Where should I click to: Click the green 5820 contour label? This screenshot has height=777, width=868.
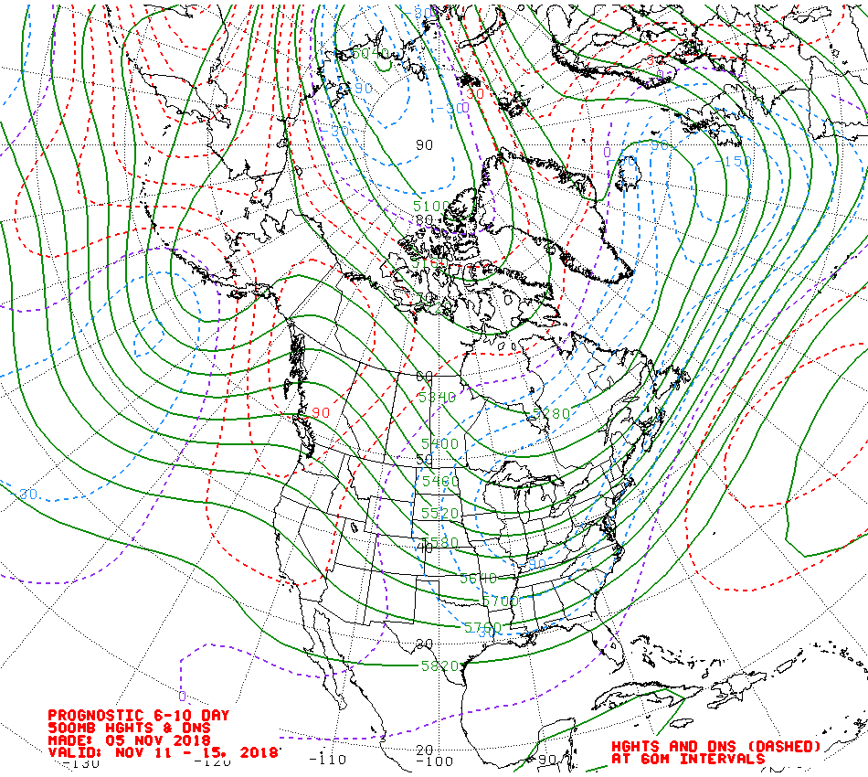[x=439, y=665]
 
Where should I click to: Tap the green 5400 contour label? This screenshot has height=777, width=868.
[x=439, y=443]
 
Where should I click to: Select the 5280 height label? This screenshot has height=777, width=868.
[x=552, y=414]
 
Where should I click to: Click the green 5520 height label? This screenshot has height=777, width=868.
[x=439, y=514]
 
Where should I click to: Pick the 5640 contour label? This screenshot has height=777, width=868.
[x=478, y=578]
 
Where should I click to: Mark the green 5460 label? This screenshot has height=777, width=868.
[x=439, y=481]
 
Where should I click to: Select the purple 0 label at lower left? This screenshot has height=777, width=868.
[x=182, y=696]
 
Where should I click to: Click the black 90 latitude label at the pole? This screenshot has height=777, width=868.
[x=424, y=144]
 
